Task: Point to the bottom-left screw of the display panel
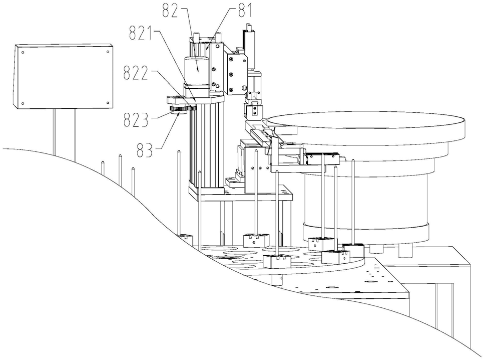click(22, 104)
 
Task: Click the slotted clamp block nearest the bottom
click(277, 261)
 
